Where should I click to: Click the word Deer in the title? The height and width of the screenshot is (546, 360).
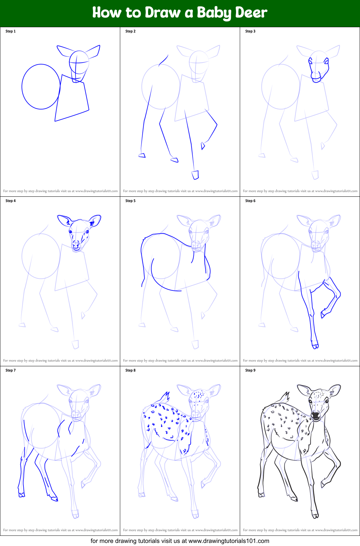click(251, 13)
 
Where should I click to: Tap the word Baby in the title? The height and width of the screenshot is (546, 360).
click(214, 13)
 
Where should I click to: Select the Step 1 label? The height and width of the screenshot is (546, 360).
click(11, 31)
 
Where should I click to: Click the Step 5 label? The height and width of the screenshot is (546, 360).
click(130, 201)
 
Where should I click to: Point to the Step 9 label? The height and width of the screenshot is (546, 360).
click(250, 370)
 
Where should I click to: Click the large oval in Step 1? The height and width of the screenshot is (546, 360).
click(22, 87)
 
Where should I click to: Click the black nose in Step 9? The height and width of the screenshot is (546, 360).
click(316, 414)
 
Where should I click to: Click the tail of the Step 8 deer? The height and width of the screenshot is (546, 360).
click(165, 398)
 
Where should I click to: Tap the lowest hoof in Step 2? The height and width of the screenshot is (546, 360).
click(195, 175)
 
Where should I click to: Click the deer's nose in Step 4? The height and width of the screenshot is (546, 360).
click(76, 244)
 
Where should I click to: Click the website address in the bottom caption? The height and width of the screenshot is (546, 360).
click(229, 541)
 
